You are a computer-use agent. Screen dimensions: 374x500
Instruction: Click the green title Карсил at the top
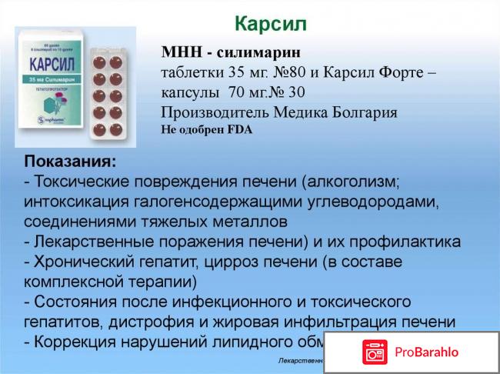point(270,23)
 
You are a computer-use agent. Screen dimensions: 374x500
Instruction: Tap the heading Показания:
point(71,162)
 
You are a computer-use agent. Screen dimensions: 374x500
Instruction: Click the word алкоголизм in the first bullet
point(352,182)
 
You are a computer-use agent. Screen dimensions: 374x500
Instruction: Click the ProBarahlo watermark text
point(428,352)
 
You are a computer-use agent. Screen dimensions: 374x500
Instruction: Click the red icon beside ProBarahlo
point(375,352)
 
